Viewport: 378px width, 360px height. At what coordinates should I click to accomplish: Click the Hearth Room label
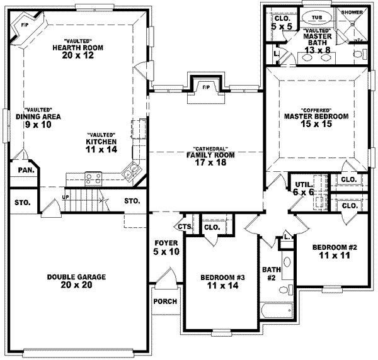click(x=78, y=48)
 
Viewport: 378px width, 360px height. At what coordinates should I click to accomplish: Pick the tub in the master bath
click(x=312, y=18)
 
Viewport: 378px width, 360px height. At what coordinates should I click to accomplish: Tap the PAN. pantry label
click(x=26, y=170)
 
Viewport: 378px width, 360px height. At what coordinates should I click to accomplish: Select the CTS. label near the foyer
click(x=185, y=227)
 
